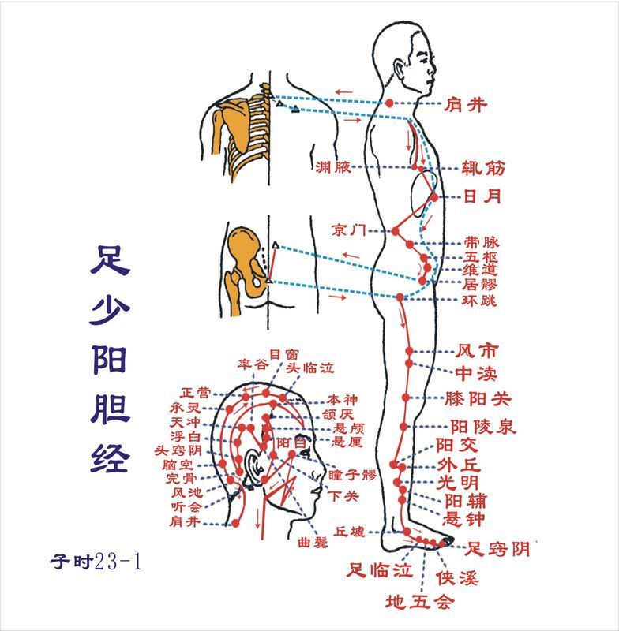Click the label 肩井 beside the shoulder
(466, 104)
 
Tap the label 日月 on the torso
(482, 196)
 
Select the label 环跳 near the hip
(481, 301)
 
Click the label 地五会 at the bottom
(421, 604)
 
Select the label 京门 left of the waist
(348, 230)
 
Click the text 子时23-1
(95, 562)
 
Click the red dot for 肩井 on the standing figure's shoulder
(388, 103)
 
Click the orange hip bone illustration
(244, 264)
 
